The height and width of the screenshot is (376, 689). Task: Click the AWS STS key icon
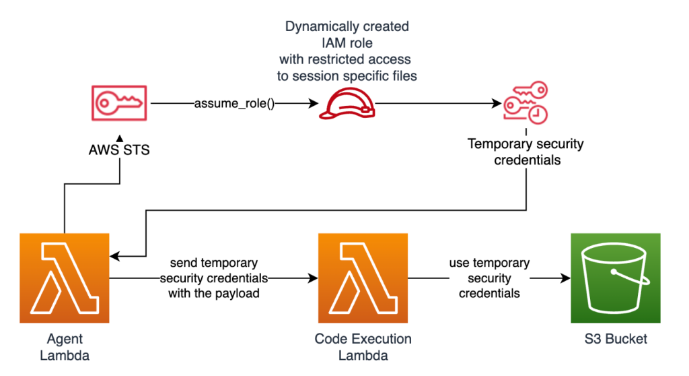119,104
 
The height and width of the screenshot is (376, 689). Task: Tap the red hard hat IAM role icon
347,104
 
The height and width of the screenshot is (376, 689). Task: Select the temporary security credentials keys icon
525,104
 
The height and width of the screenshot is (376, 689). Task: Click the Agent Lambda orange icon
65,278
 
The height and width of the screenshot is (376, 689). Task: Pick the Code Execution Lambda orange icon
363,278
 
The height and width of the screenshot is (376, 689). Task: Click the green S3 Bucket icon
615,278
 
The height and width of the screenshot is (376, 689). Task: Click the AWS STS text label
119,150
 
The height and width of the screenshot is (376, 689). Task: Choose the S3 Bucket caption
615,339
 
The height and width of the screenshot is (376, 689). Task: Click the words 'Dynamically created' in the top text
347,27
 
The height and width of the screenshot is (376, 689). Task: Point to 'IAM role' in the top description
347,43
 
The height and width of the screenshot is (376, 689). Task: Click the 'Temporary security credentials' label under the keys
525,152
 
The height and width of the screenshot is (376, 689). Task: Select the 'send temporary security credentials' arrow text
213,278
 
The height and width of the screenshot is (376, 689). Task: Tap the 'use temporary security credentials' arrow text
489,278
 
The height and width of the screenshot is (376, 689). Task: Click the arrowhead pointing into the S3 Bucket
565,278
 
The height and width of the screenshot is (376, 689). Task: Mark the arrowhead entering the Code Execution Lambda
314,278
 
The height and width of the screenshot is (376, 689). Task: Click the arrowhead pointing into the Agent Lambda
114,256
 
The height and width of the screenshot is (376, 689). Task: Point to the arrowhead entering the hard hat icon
314,104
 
